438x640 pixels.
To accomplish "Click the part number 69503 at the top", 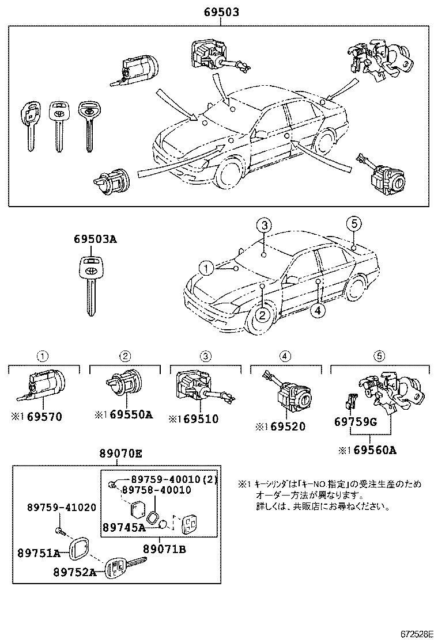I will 221,12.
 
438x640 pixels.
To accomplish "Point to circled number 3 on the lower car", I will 263,226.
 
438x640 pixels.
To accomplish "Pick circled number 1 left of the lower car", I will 204,267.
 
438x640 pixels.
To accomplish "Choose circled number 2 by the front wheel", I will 262,314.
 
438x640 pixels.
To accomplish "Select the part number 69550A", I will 131,414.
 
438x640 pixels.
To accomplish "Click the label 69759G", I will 355,422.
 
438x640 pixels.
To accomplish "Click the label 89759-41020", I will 62,507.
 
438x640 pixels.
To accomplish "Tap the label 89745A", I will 124,526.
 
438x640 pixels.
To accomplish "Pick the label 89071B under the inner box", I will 164,550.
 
